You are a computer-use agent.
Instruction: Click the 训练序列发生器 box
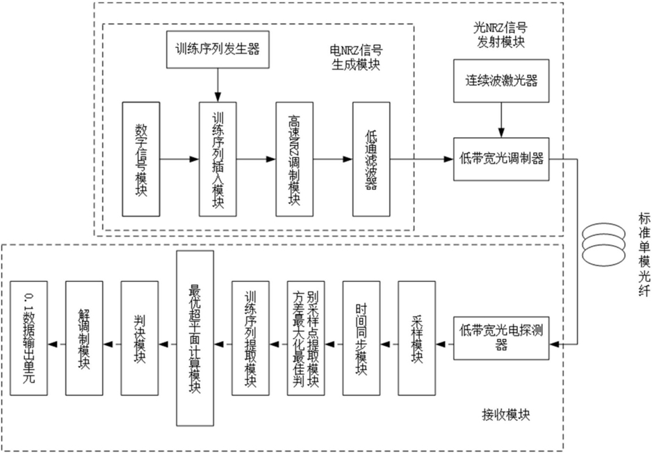[218, 49]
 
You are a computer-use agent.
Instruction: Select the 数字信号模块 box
[141, 159]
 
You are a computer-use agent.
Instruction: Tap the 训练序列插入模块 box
[218, 159]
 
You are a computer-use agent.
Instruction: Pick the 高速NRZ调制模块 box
[295, 159]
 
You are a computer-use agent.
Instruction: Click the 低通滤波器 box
[371, 159]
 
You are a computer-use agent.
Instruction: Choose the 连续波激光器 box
[501, 81]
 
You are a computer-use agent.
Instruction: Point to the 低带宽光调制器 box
[501, 159]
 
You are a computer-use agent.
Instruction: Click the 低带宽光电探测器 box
[501, 338]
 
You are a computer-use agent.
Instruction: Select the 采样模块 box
[416, 338]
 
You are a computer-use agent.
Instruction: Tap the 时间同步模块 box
[361, 338]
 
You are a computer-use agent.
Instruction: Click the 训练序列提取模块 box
[250, 338]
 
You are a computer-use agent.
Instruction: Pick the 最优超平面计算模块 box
[195, 338]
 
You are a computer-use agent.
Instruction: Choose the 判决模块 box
[139, 338]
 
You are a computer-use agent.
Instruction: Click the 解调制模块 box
[84, 338]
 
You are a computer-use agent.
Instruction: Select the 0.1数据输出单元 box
[28, 338]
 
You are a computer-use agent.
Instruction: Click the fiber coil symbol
[603, 244]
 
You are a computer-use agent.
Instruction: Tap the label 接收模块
[505, 415]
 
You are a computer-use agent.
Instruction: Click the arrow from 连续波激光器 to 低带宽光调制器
[501, 120]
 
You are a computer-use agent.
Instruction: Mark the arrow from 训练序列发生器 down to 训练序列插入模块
[218, 85]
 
